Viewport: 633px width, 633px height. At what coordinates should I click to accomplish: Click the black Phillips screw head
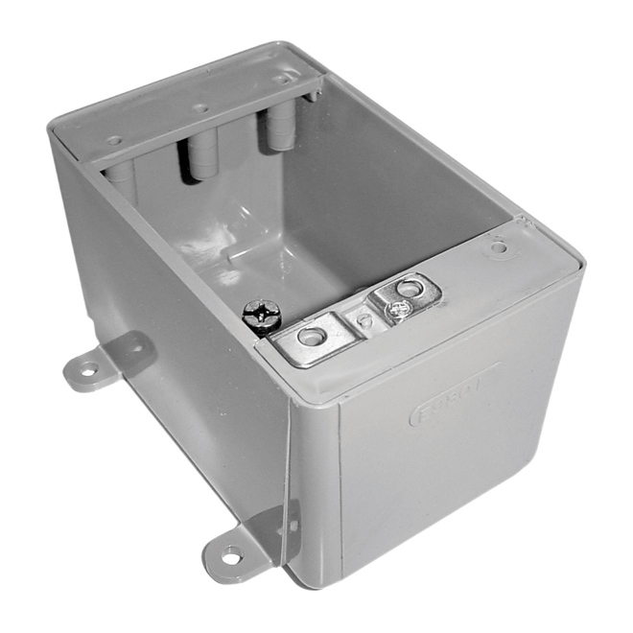coord(261,315)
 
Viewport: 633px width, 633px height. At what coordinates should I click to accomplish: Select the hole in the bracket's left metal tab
coord(311,336)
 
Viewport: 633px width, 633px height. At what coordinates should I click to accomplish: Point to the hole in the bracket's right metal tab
coord(410,286)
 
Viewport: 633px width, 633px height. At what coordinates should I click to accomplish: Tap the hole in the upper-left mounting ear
coord(87,369)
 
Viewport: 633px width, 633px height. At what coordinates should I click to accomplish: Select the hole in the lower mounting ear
coord(230,555)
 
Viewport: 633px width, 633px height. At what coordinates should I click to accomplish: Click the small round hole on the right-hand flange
coord(498,247)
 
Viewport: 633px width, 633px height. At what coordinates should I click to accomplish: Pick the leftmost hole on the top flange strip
coord(114,140)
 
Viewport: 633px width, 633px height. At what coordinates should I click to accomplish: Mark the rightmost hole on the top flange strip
coord(281,78)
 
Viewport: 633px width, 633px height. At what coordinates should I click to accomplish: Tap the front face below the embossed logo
coord(460,480)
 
